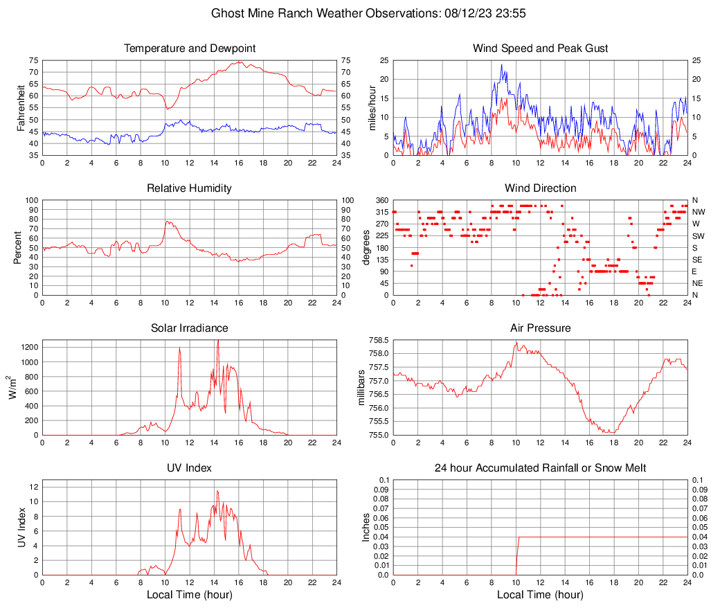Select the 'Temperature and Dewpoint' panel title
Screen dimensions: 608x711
click(190, 48)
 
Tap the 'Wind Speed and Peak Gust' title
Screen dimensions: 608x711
click(541, 48)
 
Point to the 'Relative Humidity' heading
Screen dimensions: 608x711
click(190, 188)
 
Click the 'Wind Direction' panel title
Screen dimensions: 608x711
click(541, 188)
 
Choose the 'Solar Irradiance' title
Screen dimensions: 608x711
click(190, 328)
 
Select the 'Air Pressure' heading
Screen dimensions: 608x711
click(541, 328)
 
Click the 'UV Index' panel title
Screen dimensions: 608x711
click(190, 468)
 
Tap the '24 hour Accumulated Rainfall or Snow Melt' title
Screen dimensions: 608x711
click(541, 468)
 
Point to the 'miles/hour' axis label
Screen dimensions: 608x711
click(372, 107)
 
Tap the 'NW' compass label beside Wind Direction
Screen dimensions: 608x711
click(698, 212)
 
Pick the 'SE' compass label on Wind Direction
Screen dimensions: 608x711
click(697, 260)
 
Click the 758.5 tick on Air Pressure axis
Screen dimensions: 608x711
click(377, 341)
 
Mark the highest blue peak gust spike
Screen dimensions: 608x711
click(501, 65)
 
